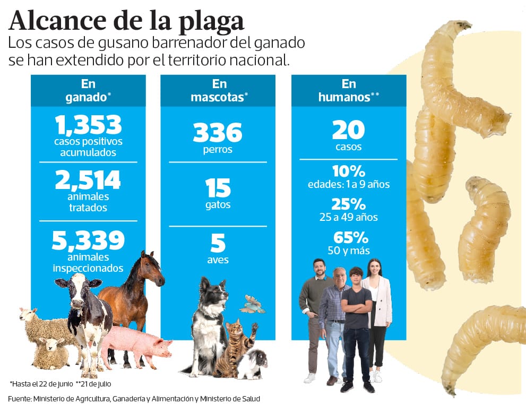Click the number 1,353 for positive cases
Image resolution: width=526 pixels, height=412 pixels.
(x=88, y=125)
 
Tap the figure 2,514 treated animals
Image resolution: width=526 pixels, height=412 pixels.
(x=88, y=180)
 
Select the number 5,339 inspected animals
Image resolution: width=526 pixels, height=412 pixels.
(x=88, y=241)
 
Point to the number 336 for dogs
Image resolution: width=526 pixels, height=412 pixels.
(x=218, y=132)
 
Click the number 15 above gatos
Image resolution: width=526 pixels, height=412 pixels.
(x=218, y=188)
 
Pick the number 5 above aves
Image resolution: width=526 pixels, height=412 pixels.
(x=218, y=243)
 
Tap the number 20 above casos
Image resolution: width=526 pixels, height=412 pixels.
(x=348, y=130)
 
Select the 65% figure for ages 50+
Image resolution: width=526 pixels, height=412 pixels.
(x=348, y=238)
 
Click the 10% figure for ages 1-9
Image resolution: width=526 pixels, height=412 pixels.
(x=348, y=171)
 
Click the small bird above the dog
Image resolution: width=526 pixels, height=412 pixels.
(x=252, y=304)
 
